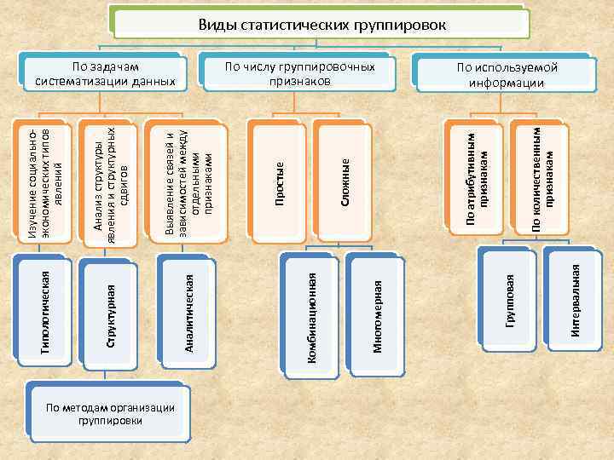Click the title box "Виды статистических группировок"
click(321, 23)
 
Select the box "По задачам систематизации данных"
click(106, 74)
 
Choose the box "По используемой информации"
click(506, 75)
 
